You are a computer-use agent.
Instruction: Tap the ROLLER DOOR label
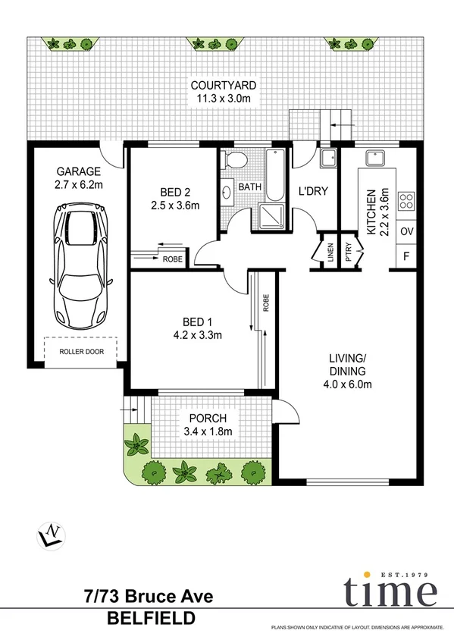pos(80,351)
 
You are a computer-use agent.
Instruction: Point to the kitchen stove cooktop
pos(406,201)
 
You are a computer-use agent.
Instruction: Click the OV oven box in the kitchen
pos(406,231)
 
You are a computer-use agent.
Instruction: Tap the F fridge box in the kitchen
pos(406,256)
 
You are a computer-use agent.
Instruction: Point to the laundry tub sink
pos(329,158)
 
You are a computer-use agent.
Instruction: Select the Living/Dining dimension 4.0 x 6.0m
pos(348,384)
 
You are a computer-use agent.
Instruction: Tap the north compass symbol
pos(51,535)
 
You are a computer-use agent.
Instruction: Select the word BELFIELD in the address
pos(150,619)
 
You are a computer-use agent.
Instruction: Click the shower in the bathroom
pos(272,215)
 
